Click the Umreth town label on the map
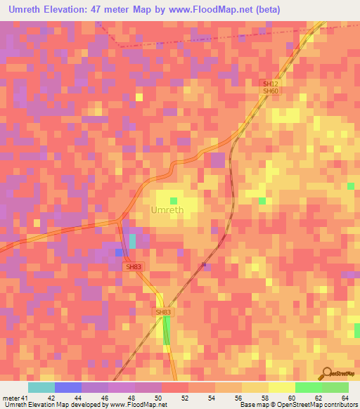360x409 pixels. click(x=169, y=210)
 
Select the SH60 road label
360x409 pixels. click(x=271, y=91)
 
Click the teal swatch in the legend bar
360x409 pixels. click(x=41, y=387)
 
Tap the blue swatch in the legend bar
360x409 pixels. click(x=68, y=387)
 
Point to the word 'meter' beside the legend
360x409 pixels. click(x=10, y=398)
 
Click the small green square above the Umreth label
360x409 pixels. click(x=173, y=200)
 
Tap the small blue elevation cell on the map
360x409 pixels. click(x=119, y=252)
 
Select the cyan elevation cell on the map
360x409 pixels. click(x=132, y=241)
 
